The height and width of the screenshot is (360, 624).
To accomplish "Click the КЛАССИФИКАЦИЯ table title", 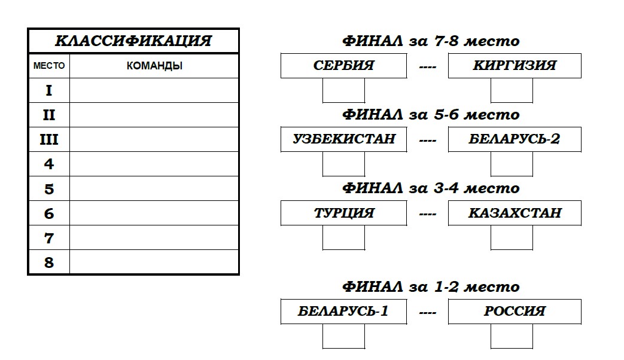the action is [133, 41].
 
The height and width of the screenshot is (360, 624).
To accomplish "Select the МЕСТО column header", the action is [49, 66].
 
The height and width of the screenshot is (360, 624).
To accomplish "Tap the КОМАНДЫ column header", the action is [154, 66].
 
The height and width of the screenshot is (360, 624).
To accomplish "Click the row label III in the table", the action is [49, 139].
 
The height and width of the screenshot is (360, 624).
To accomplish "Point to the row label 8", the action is [49, 263].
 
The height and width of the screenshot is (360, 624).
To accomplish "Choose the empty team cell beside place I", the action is [154, 90].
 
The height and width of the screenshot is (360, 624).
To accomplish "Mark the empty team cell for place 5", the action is [154, 188].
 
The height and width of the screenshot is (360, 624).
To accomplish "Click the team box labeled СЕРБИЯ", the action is [344, 66].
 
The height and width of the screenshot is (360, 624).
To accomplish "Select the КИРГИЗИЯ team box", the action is [515, 66].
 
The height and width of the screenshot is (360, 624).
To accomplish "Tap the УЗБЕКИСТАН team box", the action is [344, 139].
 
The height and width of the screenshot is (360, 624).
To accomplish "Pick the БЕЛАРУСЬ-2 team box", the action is [515, 139].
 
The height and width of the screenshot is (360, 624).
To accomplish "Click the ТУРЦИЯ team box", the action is [344, 213].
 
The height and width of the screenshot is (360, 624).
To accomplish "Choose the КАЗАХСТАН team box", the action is [515, 213].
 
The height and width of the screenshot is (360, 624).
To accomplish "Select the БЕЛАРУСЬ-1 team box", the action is [344, 312].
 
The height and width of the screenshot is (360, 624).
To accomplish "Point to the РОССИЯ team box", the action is [515, 312].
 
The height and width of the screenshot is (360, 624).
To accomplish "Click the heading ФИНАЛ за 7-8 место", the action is [431, 41].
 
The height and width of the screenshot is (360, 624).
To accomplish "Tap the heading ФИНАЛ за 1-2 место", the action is [431, 287].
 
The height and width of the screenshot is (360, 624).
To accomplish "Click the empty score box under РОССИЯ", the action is [512, 336].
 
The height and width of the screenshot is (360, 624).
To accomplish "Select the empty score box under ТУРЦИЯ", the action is [343, 237].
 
